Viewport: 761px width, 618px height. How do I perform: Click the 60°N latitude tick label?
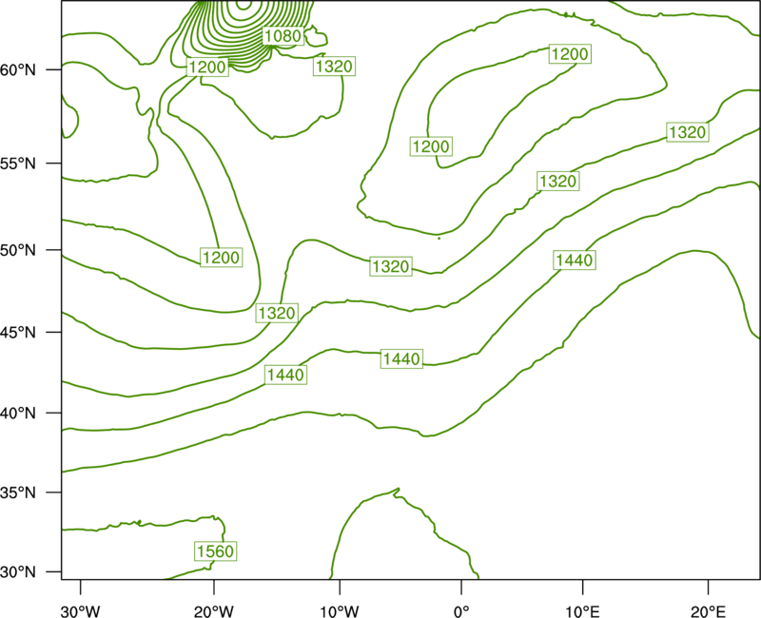click(18, 70)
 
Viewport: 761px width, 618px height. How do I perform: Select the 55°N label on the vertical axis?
click(18, 164)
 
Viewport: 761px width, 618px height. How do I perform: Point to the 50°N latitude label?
click(18, 250)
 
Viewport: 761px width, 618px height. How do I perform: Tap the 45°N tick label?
click(18, 332)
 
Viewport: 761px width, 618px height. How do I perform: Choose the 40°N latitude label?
click(18, 414)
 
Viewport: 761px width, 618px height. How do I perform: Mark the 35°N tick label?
click(18, 492)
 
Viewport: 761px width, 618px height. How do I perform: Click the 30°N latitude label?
click(18, 572)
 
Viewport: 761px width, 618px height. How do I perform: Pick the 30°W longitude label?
click(81, 611)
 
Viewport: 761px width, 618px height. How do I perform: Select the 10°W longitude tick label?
click(340, 611)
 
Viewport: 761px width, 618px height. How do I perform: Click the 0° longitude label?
click(461, 611)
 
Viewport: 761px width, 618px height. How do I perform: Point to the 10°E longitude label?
click(582, 611)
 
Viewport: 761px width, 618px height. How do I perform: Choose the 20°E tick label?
click(709, 611)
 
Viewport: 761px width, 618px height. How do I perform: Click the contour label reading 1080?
click(283, 35)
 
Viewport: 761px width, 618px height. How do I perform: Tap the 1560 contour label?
click(216, 551)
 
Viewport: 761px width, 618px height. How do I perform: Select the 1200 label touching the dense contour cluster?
click(207, 67)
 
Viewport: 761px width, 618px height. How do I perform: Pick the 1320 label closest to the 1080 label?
click(334, 66)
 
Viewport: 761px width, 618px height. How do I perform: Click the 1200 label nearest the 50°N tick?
click(221, 258)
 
